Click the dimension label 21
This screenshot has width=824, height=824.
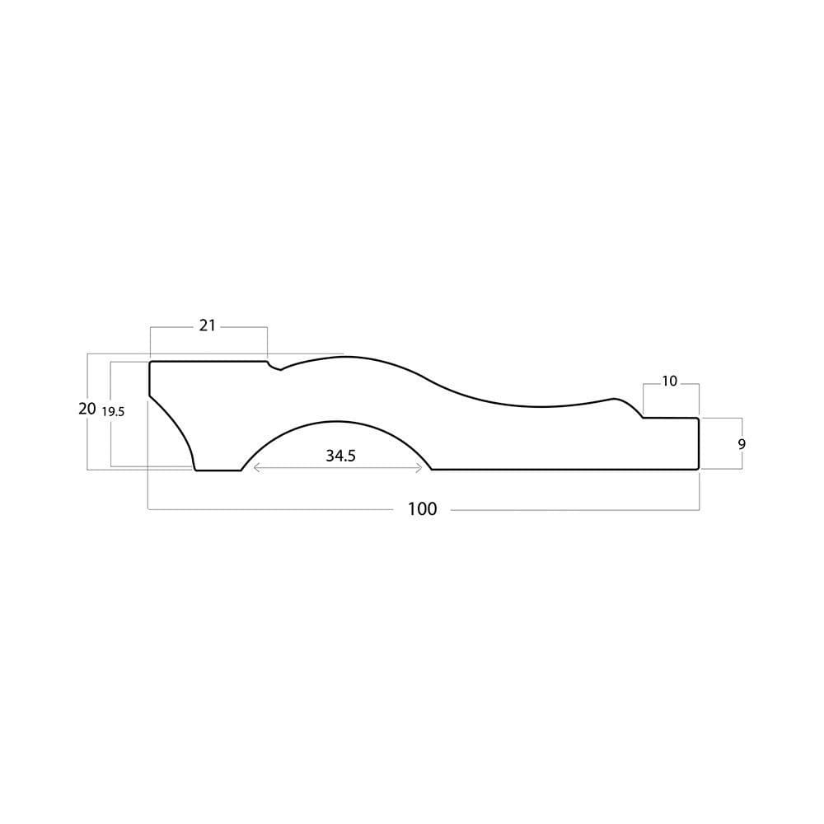[207, 325]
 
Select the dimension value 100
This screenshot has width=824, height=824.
[423, 508]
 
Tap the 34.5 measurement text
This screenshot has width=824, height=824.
[340, 456]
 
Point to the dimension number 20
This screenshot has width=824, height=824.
[87, 409]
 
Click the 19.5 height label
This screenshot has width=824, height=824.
[113, 411]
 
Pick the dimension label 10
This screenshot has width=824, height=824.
[669, 381]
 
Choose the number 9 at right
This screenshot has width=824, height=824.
[742, 444]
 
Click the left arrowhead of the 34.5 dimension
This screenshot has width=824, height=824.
[255, 468]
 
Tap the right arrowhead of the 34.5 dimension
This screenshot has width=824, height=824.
[420, 468]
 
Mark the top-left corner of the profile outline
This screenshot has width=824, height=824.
[150, 362]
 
